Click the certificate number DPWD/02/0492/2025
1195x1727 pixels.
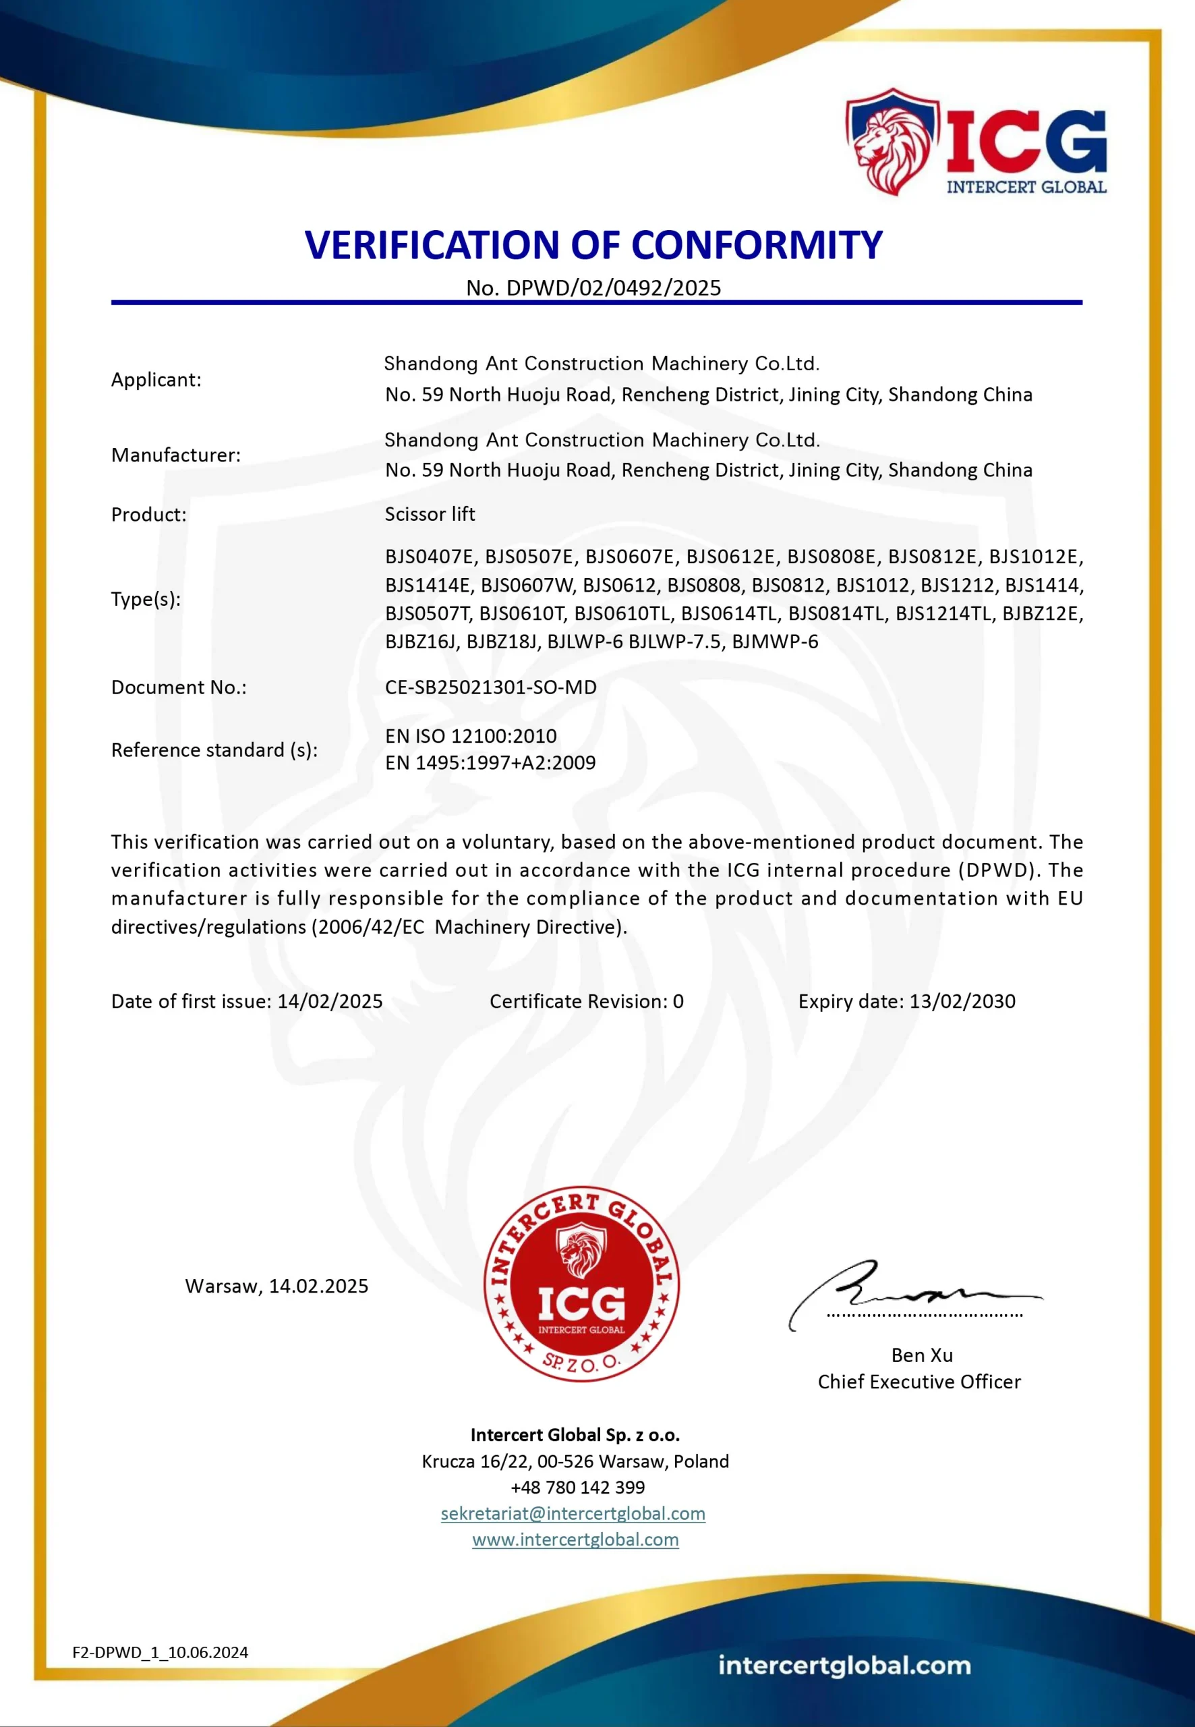pos(613,288)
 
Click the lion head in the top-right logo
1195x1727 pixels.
pos(890,144)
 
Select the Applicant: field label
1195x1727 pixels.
pos(156,380)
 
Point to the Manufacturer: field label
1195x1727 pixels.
pos(176,455)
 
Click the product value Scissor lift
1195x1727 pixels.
pos(430,515)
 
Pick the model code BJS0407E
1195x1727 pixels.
pos(430,557)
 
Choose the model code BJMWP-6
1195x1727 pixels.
pos(775,642)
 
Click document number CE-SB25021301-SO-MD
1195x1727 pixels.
pos(490,687)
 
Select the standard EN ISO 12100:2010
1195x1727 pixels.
pos(471,736)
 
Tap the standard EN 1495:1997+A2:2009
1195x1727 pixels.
pos(490,763)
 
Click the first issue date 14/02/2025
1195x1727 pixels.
pos(330,1002)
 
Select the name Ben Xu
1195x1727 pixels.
pos(922,1355)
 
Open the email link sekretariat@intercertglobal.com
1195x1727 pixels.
pos(573,1514)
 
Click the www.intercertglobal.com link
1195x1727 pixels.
pos(575,1539)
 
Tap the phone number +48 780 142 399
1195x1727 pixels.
pos(577,1488)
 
